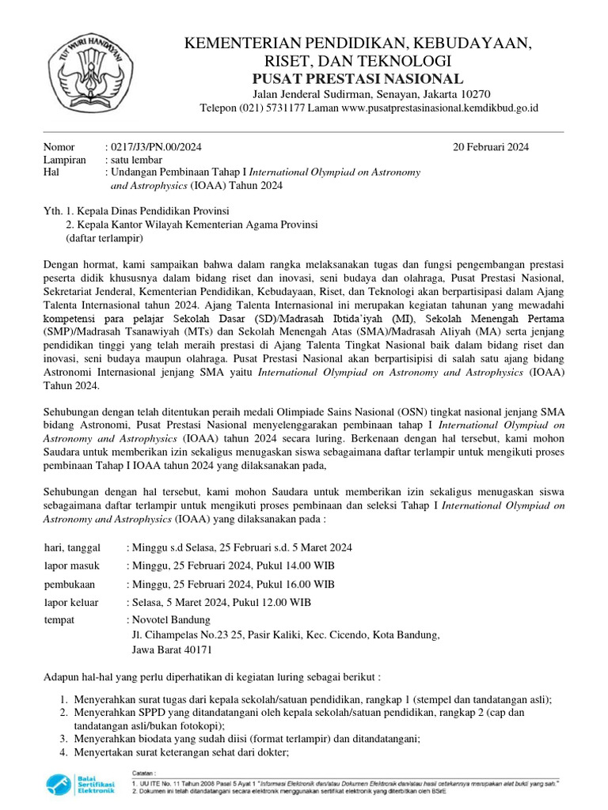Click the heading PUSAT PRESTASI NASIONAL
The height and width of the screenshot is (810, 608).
[x=358, y=78]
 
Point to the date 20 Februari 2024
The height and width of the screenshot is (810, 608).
[x=491, y=147]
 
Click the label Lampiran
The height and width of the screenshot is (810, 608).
[x=64, y=160]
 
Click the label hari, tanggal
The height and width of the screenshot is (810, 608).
[x=73, y=547]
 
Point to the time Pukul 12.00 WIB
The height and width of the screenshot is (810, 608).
[x=269, y=602]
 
